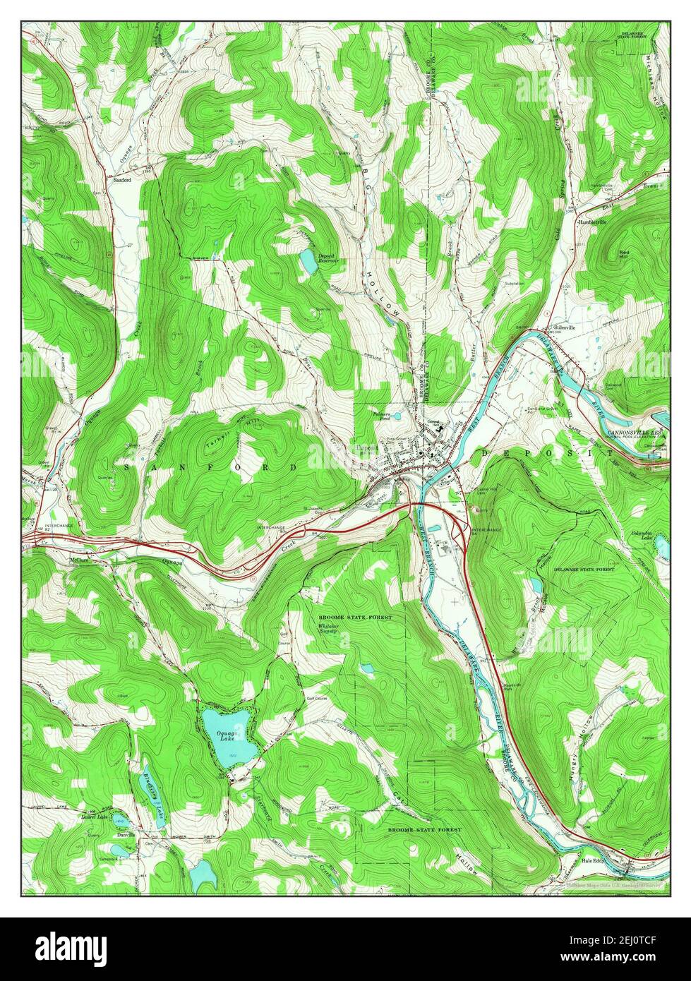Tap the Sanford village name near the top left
click(122, 180)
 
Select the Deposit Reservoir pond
click(308, 261)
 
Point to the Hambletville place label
click(591, 222)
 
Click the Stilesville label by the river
click(564, 327)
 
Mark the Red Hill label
click(625, 255)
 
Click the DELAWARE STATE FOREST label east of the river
click(584, 568)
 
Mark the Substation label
click(515, 284)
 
